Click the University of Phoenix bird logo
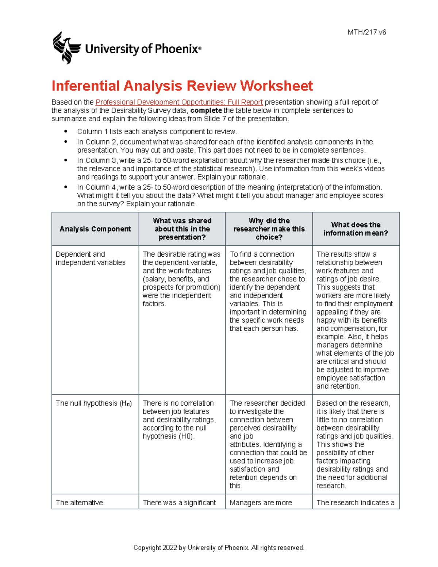[66, 48]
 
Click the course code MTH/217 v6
[366, 32]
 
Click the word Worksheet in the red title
[276, 86]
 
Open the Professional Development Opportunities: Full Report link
[179, 102]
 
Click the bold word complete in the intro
[206, 111]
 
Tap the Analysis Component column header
[95, 229]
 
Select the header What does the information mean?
[356, 229]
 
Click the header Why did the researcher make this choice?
[269, 229]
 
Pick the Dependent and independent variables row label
[90, 258]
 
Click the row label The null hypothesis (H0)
[93, 403]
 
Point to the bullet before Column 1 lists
[66, 131]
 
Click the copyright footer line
[219, 548]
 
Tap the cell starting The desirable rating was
[181, 279]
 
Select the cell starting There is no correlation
[179, 419]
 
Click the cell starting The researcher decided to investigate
[268, 444]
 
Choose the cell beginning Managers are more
[261, 503]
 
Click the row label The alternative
[79, 503]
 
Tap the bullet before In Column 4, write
[66, 187]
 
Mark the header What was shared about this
[182, 229]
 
